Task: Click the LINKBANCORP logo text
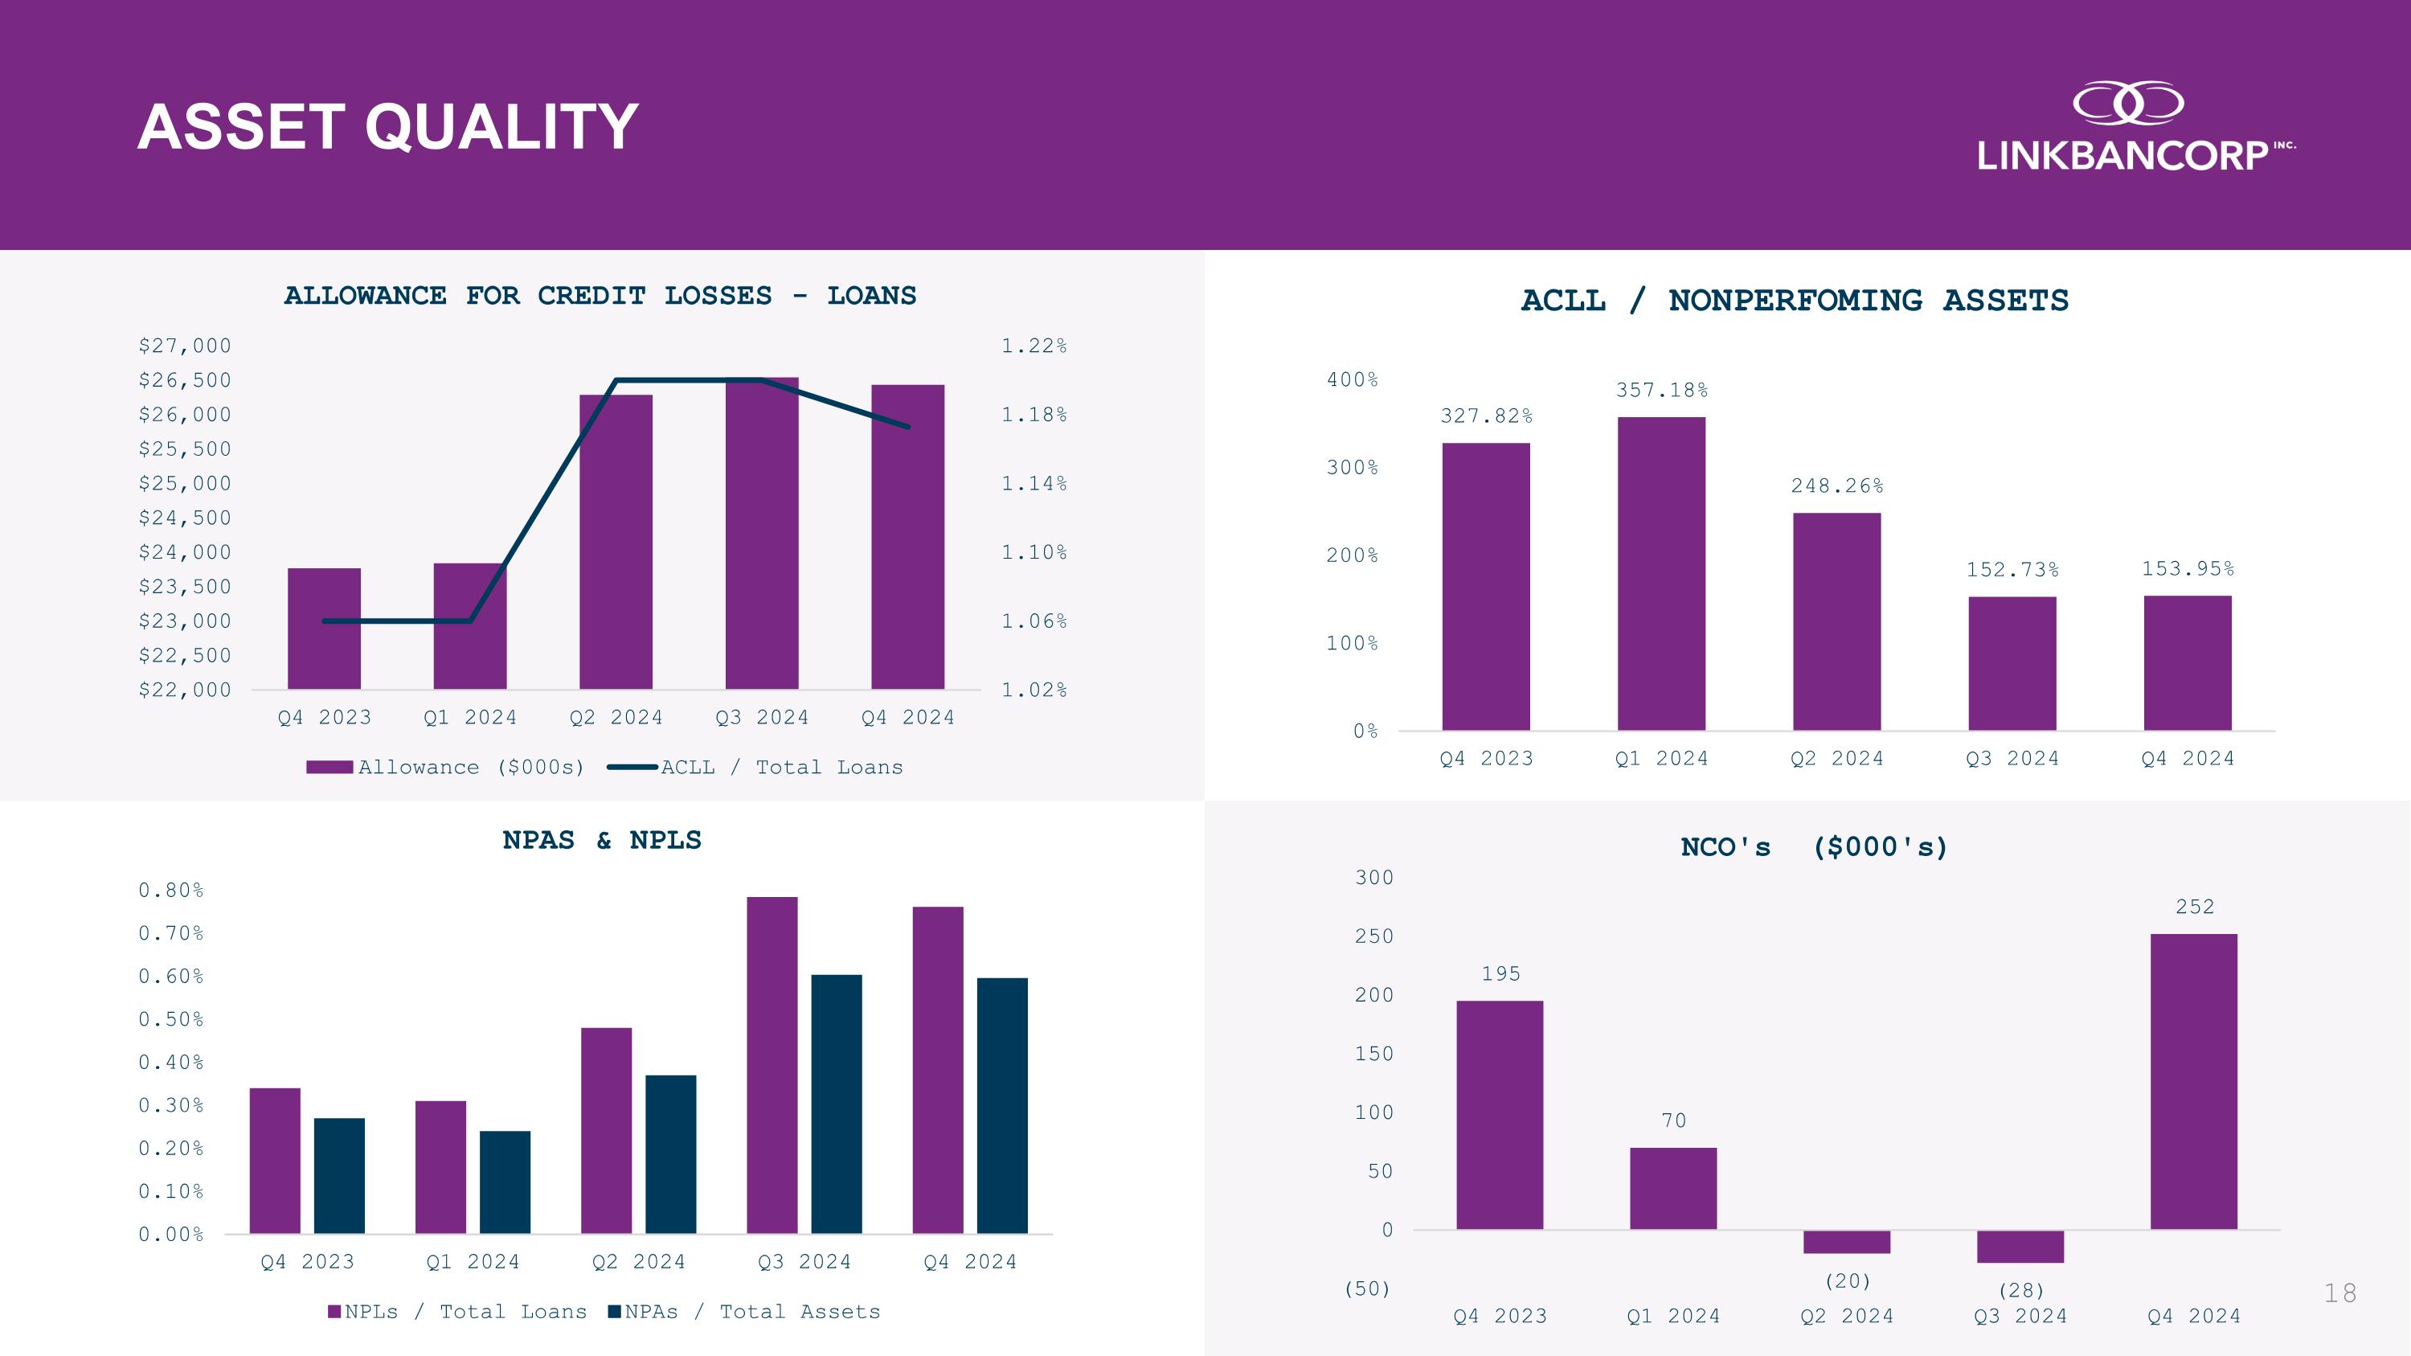(x=2122, y=155)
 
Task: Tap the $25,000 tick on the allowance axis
(x=184, y=483)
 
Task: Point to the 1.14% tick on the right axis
(x=1034, y=483)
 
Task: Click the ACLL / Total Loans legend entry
(x=756, y=768)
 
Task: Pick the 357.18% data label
(x=1661, y=390)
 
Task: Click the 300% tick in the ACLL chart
(x=1352, y=467)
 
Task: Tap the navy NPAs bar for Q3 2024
(x=836, y=1104)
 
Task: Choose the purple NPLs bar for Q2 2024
(x=605, y=1129)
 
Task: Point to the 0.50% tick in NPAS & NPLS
(x=170, y=1019)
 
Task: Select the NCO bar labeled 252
(x=2193, y=1081)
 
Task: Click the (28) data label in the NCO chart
(x=2020, y=1291)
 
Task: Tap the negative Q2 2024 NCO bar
(x=1846, y=1242)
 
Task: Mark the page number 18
(x=2339, y=1293)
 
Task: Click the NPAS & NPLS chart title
(x=602, y=840)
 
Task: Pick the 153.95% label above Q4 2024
(x=2188, y=569)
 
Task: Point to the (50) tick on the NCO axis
(x=1366, y=1288)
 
